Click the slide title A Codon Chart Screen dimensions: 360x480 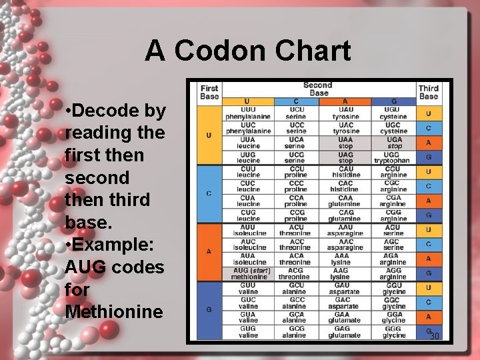248,51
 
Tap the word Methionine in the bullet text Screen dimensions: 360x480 115,311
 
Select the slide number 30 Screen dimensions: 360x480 435,336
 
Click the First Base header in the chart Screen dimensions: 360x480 209,92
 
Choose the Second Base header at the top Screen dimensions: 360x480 317,89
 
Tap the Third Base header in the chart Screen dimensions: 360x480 429,92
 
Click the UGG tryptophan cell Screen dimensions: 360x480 393,157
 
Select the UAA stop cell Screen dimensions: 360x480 345,143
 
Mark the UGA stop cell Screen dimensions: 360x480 393,143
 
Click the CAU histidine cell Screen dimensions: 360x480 345,171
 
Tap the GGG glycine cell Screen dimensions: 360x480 393,331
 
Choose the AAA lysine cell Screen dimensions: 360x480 345,259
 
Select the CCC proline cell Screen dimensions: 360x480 296,186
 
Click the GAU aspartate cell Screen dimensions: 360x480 345,288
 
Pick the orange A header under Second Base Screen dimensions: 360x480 345,101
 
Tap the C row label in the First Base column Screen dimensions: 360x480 209,193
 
